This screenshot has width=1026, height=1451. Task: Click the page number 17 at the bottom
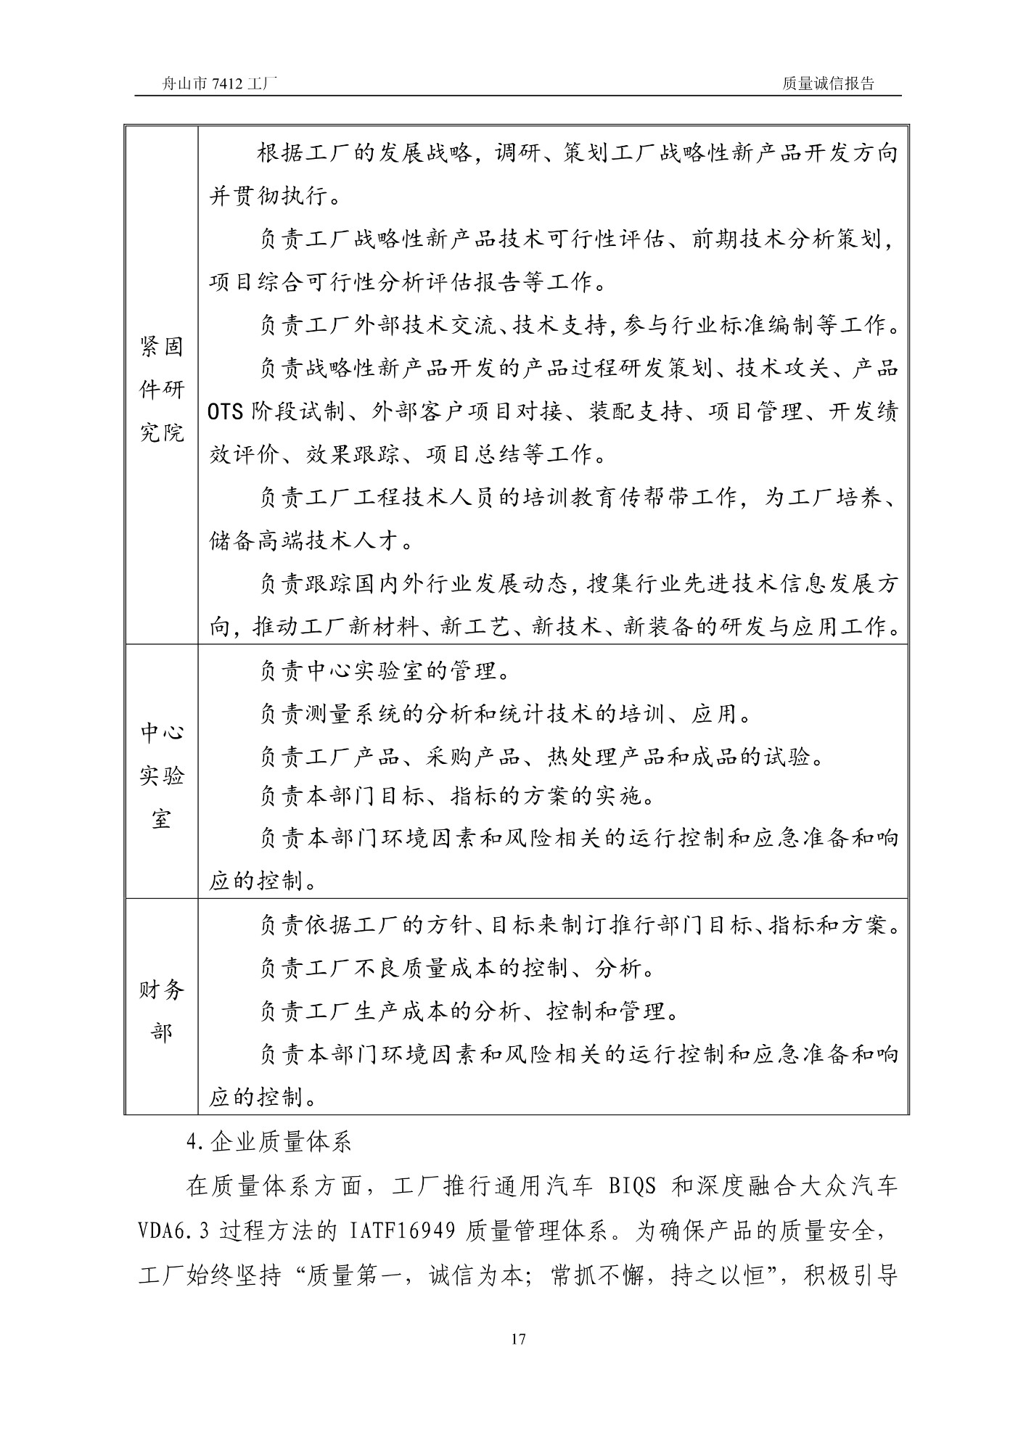click(518, 1339)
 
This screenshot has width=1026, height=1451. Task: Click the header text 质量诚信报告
click(829, 83)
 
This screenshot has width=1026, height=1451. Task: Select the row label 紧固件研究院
click(161, 390)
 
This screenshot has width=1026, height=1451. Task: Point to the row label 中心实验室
click(161, 776)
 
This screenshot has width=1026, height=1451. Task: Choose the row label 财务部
click(161, 1011)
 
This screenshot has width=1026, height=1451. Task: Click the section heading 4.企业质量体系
click(268, 1143)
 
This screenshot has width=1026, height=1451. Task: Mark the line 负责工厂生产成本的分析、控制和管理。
click(469, 1011)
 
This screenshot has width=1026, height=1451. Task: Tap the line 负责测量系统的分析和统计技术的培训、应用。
click(505, 715)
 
